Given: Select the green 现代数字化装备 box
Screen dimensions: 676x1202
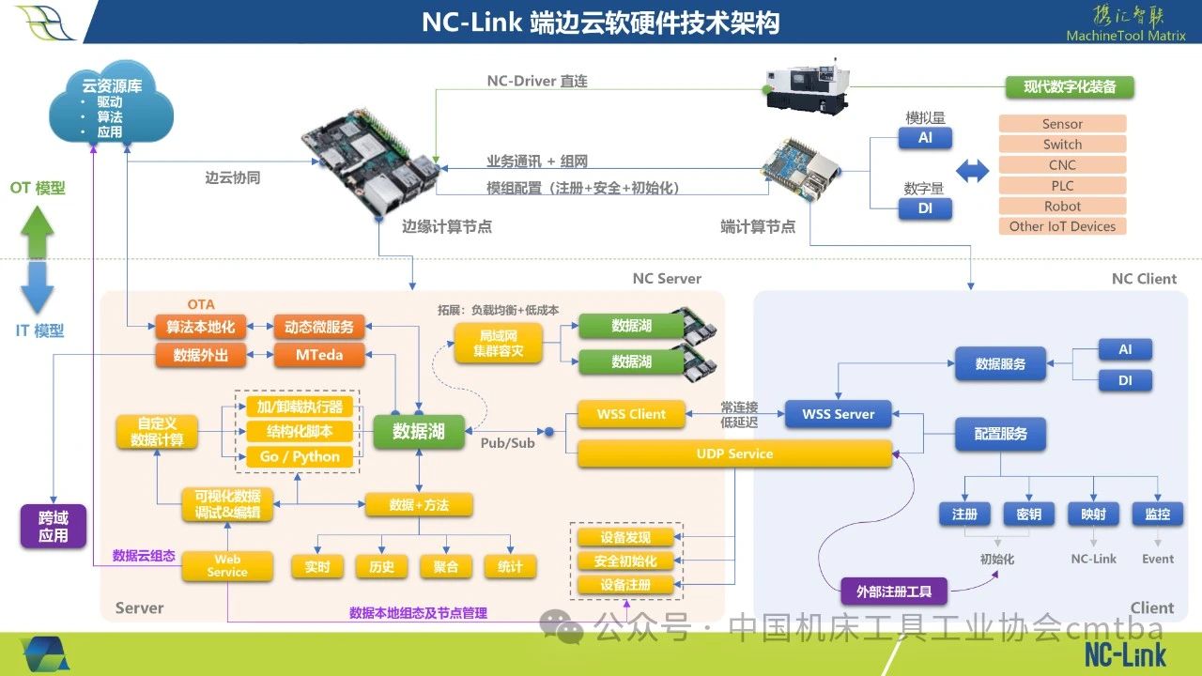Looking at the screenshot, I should pyautogui.click(x=1070, y=87).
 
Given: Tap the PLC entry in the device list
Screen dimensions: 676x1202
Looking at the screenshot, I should pyautogui.click(x=1062, y=186).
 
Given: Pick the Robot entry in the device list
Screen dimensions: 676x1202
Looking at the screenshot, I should pyautogui.click(x=1062, y=207).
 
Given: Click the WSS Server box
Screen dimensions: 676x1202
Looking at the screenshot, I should pyautogui.click(x=839, y=414).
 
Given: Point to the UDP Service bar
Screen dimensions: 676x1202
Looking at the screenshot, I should pyautogui.click(x=734, y=454).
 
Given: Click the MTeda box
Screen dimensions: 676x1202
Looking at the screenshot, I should pyautogui.click(x=319, y=355).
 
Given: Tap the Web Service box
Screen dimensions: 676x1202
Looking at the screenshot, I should pyautogui.click(x=227, y=566).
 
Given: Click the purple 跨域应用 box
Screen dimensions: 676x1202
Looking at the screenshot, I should pyautogui.click(x=54, y=526).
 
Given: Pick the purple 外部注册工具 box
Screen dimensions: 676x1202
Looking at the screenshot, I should pyautogui.click(x=894, y=591).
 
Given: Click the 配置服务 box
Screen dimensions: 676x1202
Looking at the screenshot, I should pyautogui.click(x=1000, y=435).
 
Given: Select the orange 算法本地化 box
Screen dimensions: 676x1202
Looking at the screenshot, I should pyautogui.click(x=200, y=327).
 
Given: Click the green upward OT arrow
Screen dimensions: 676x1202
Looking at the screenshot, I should pyautogui.click(x=38, y=231).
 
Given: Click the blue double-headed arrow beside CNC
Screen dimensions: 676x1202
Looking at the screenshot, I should pyautogui.click(x=972, y=172).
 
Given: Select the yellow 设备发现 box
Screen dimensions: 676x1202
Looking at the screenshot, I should pyautogui.click(x=625, y=537).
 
